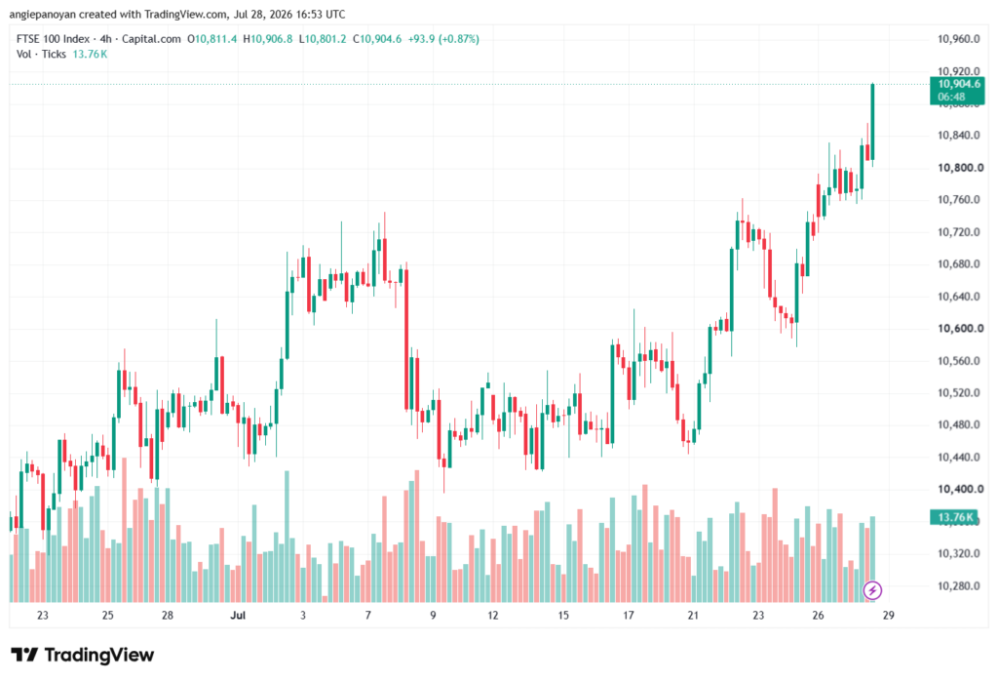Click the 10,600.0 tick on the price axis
pyautogui.click(x=960, y=329)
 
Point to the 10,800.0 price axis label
pyautogui.click(x=960, y=168)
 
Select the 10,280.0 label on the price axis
pyautogui.click(x=959, y=585)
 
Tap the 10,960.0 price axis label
pyautogui.click(x=959, y=39)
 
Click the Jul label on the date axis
pyautogui.click(x=238, y=616)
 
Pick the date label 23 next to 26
pyautogui.click(x=758, y=616)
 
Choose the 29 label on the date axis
pyautogui.click(x=889, y=616)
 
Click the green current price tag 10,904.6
pyautogui.click(x=957, y=91)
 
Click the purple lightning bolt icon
pyautogui.click(x=872, y=590)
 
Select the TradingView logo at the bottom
pyautogui.click(x=83, y=656)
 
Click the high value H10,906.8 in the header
pyautogui.click(x=268, y=39)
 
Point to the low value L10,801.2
pyautogui.click(x=322, y=39)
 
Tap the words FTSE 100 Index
pyautogui.click(x=53, y=39)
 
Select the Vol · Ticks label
pyautogui.click(x=41, y=55)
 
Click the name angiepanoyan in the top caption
pyautogui.click(x=42, y=14)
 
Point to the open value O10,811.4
pyautogui.click(x=211, y=39)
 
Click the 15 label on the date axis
pyautogui.click(x=563, y=616)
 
